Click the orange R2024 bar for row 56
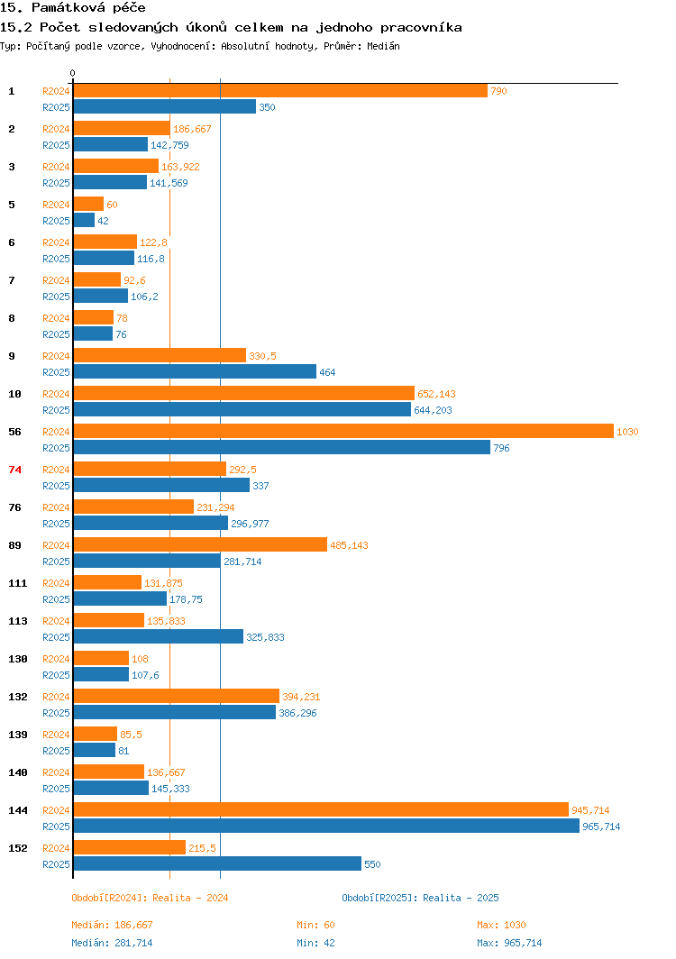click(x=343, y=432)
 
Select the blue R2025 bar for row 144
click(x=325, y=827)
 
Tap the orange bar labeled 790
click(x=279, y=91)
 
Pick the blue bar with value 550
click(x=216, y=864)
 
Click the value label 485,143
click(x=349, y=545)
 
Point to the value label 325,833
click(x=265, y=637)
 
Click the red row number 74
click(x=14, y=470)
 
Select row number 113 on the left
click(x=17, y=621)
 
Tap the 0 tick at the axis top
click(x=73, y=73)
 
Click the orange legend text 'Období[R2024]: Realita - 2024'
click(x=150, y=898)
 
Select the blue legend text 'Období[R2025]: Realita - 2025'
click(x=420, y=898)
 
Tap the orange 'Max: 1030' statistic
click(x=501, y=925)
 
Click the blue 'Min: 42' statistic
click(x=315, y=943)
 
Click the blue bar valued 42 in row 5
click(x=84, y=221)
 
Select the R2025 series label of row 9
click(x=56, y=372)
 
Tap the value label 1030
click(x=627, y=432)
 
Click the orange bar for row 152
click(x=129, y=848)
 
